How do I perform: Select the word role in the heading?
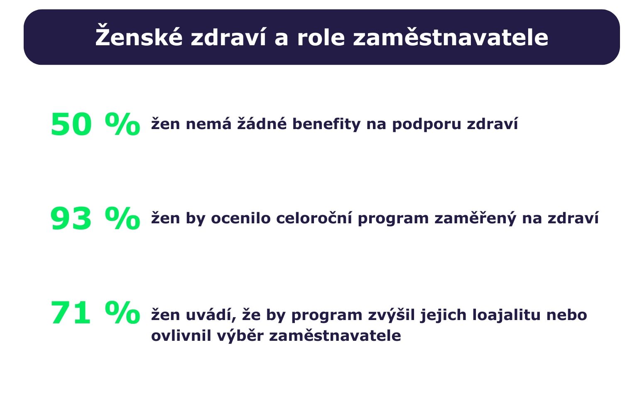(x=321, y=37)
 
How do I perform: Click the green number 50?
(x=71, y=125)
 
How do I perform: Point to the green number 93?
(x=71, y=219)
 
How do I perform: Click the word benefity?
(x=326, y=124)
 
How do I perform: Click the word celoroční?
(x=314, y=218)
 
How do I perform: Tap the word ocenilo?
(x=241, y=218)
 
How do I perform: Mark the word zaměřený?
(x=475, y=218)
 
